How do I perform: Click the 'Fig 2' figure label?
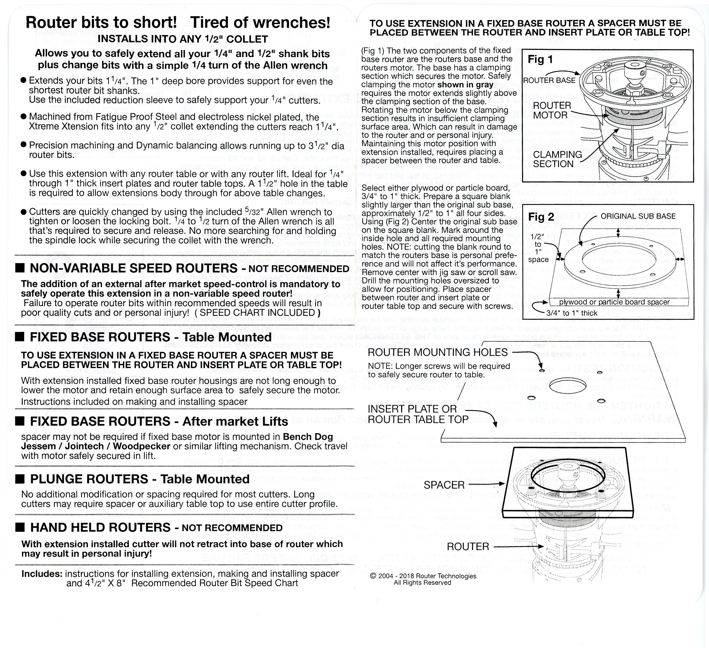(541, 217)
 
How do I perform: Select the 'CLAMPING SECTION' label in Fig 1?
(557, 159)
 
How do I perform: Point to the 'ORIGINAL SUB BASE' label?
(638, 216)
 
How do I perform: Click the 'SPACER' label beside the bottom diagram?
(444, 485)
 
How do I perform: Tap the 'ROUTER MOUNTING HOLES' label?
(437, 352)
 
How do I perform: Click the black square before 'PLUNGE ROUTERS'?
(20, 479)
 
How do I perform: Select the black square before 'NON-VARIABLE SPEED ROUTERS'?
(20, 268)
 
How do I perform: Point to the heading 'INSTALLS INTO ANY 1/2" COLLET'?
(182, 39)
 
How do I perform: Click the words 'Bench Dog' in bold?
(308, 437)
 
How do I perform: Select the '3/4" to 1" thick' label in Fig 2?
(572, 313)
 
